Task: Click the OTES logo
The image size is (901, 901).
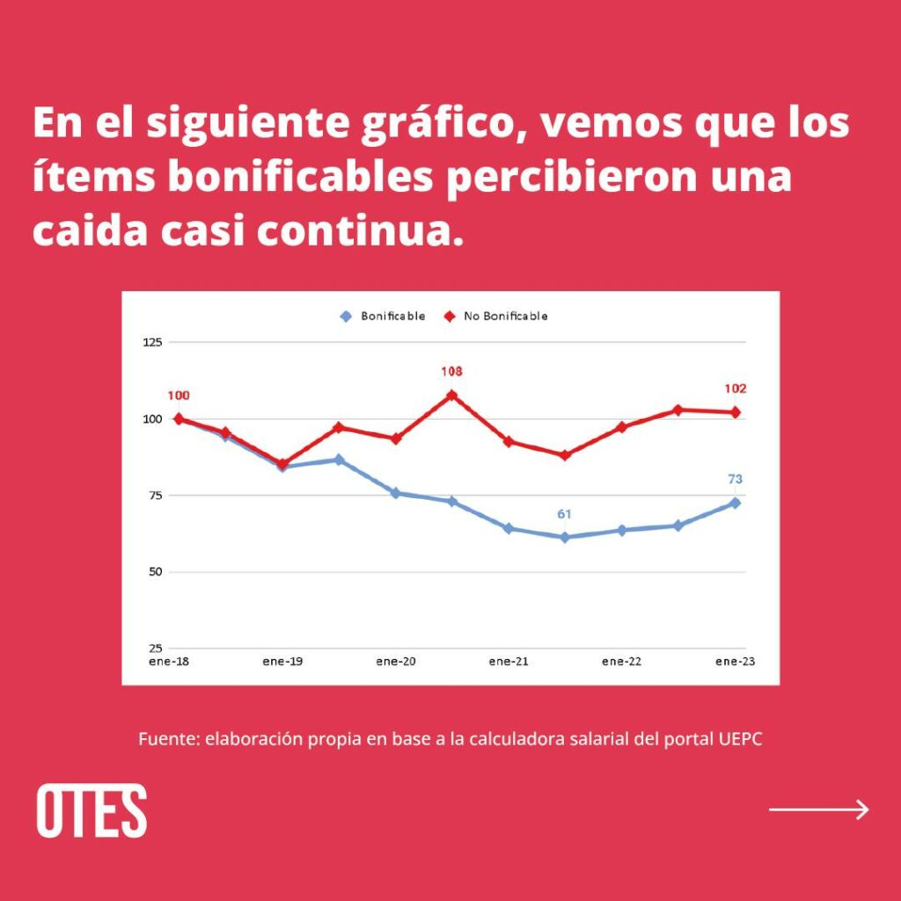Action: click(x=92, y=810)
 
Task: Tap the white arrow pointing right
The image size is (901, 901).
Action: click(x=819, y=809)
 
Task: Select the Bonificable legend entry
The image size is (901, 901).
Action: click(x=384, y=316)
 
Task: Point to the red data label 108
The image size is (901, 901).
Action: click(x=451, y=372)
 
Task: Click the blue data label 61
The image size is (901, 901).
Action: click(x=565, y=512)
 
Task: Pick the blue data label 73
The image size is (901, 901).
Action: click(x=735, y=480)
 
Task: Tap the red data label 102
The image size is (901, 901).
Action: click(x=736, y=389)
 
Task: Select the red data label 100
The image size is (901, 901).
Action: click(x=179, y=396)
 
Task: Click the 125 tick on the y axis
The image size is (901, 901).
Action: click(x=152, y=342)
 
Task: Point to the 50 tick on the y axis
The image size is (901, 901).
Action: click(x=155, y=573)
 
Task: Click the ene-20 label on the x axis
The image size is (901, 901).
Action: click(x=395, y=662)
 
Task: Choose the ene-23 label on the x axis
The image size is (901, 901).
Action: click(x=736, y=662)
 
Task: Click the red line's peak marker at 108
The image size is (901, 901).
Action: click(x=452, y=395)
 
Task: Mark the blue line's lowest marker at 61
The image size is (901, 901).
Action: click(x=565, y=537)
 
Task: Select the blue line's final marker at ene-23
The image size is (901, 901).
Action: click(x=735, y=503)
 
